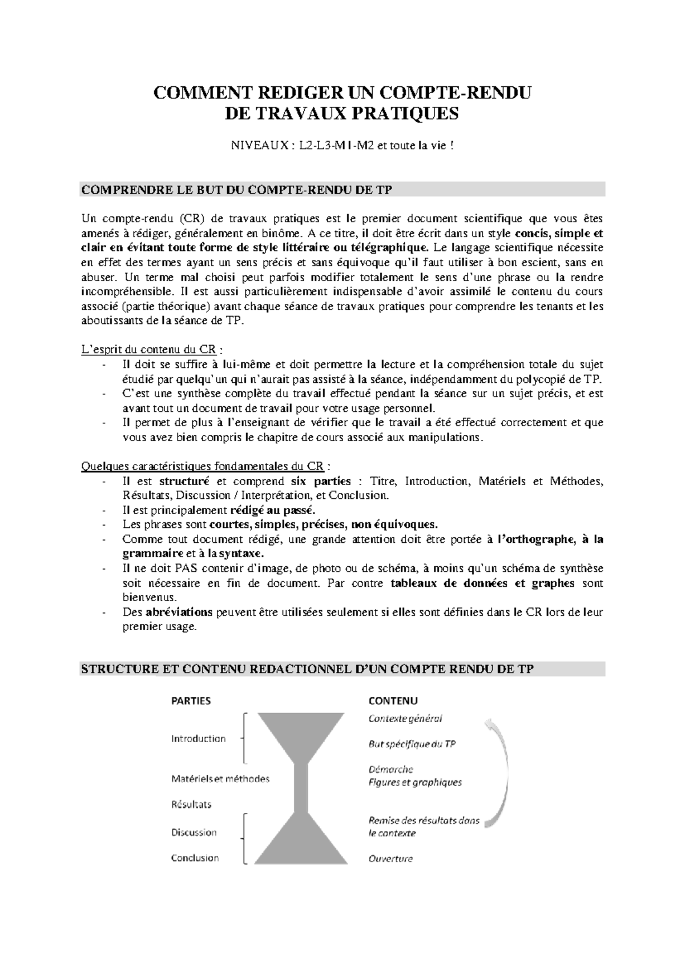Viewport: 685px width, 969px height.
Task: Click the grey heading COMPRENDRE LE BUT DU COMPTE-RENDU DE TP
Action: (236, 190)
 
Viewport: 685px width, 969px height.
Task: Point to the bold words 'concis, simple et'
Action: (559, 234)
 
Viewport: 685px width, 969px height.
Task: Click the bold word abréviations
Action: (179, 612)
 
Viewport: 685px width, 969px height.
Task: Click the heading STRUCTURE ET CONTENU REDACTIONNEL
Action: (307, 669)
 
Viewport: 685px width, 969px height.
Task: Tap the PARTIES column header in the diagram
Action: (191, 701)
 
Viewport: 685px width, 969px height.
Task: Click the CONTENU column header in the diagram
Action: (393, 701)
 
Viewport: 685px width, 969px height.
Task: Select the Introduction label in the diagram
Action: (198, 739)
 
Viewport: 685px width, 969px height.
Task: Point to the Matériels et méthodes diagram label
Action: (220, 779)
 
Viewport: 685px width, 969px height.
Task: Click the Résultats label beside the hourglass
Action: (191, 804)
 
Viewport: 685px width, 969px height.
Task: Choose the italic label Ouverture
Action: (390, 859)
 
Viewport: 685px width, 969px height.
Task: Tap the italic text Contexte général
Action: (405, 719)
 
